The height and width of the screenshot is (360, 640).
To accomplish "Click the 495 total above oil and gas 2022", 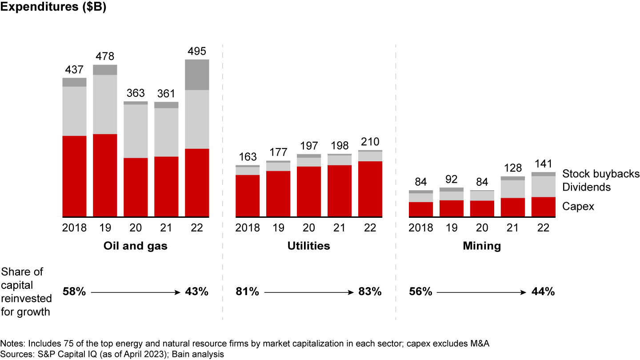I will click(x=196, y=52).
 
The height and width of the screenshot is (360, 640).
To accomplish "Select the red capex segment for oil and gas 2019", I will click(x=105, y=175).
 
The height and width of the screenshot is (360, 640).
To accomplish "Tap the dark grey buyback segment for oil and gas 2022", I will click(x=196, y=75).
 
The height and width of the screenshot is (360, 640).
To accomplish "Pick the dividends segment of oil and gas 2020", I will click(x=136, y=131).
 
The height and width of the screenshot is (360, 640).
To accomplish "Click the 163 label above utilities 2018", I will click(x=248, y=157).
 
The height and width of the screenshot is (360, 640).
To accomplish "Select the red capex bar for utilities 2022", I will click(x=370, y=189).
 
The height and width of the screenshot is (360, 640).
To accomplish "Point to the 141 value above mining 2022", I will click(x=543, y=164).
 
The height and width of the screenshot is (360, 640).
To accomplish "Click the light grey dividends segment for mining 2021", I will click(x=512, y=189).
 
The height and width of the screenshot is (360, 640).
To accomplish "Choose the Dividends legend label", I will click(x=587, y=187).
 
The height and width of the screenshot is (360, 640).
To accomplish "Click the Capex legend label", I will click(x=578, y=206).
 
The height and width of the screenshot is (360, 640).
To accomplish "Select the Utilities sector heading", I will click(x=308, y=246).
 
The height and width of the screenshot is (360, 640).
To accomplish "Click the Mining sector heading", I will click(x=482, y=246).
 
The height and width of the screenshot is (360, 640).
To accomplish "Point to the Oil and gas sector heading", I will click(x=136, y=246).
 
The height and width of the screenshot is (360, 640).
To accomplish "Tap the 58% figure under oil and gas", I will click(x=74, y=292).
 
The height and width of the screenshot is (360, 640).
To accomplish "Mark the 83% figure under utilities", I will click(x=370, y=292).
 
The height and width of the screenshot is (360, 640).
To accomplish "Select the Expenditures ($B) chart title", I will click(x=53, y=8).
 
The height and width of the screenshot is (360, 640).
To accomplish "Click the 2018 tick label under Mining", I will click(x=421, y=228).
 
